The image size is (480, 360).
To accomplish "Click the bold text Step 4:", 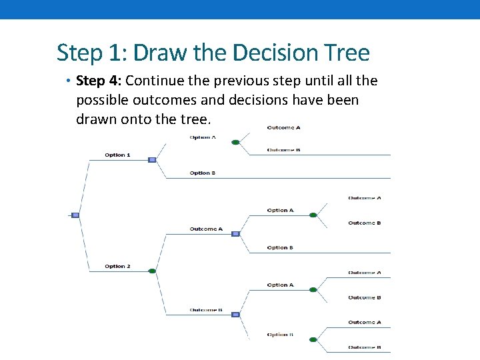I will tap(99, 81).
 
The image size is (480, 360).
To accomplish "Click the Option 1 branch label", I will tap(117, 155).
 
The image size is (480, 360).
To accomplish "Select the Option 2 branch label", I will tap(117, 267).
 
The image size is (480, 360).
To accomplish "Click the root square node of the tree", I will tap(75, 215).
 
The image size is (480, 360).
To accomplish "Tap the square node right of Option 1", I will tap(152, 160).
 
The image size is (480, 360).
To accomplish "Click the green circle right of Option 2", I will tap(152, 271).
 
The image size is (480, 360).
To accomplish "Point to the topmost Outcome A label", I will tap(283, 127).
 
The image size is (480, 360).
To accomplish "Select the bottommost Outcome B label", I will tap(364, 347).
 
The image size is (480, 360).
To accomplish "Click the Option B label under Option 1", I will tap(203, 173).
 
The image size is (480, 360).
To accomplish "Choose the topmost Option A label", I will tap(203, 137).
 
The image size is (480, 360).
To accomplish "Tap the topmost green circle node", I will tap(235, 142).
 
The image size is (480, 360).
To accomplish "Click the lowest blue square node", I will tap(235, 315).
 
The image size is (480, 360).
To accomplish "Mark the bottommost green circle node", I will tap(313, 339).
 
